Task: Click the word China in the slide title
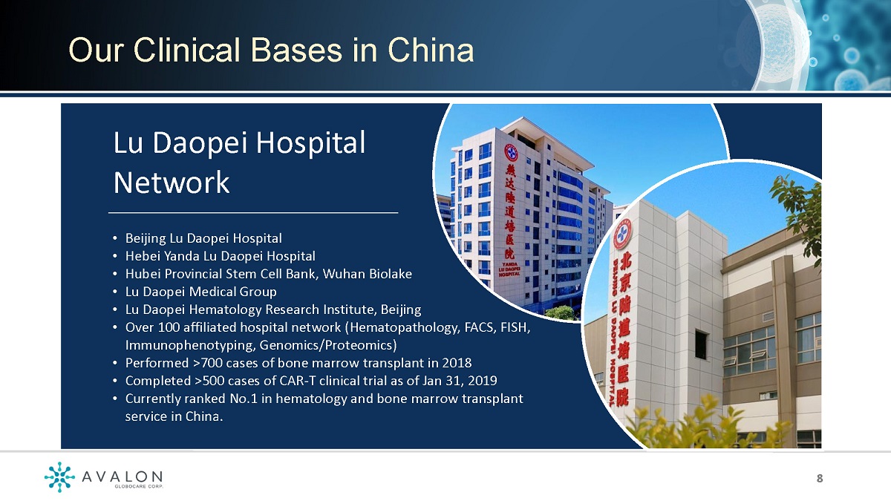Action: coord(431,50)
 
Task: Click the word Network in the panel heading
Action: coord(172,183)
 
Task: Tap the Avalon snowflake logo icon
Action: coord(59,477)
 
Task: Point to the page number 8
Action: coord(820,478)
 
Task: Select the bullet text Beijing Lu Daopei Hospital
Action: coord(203,238)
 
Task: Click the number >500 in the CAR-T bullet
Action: coord(206,381)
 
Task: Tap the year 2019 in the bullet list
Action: coord(483,381)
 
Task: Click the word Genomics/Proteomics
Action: coord(327,345)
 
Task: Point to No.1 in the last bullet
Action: coord(244,399)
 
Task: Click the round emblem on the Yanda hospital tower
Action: coord(511,152)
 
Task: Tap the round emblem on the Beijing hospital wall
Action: coord(622,234)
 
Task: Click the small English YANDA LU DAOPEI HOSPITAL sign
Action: coord(509,269)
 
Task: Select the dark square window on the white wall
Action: coord(701,345)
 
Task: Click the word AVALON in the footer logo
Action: coord(122,477)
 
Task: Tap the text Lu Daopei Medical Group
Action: coord(201,292)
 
